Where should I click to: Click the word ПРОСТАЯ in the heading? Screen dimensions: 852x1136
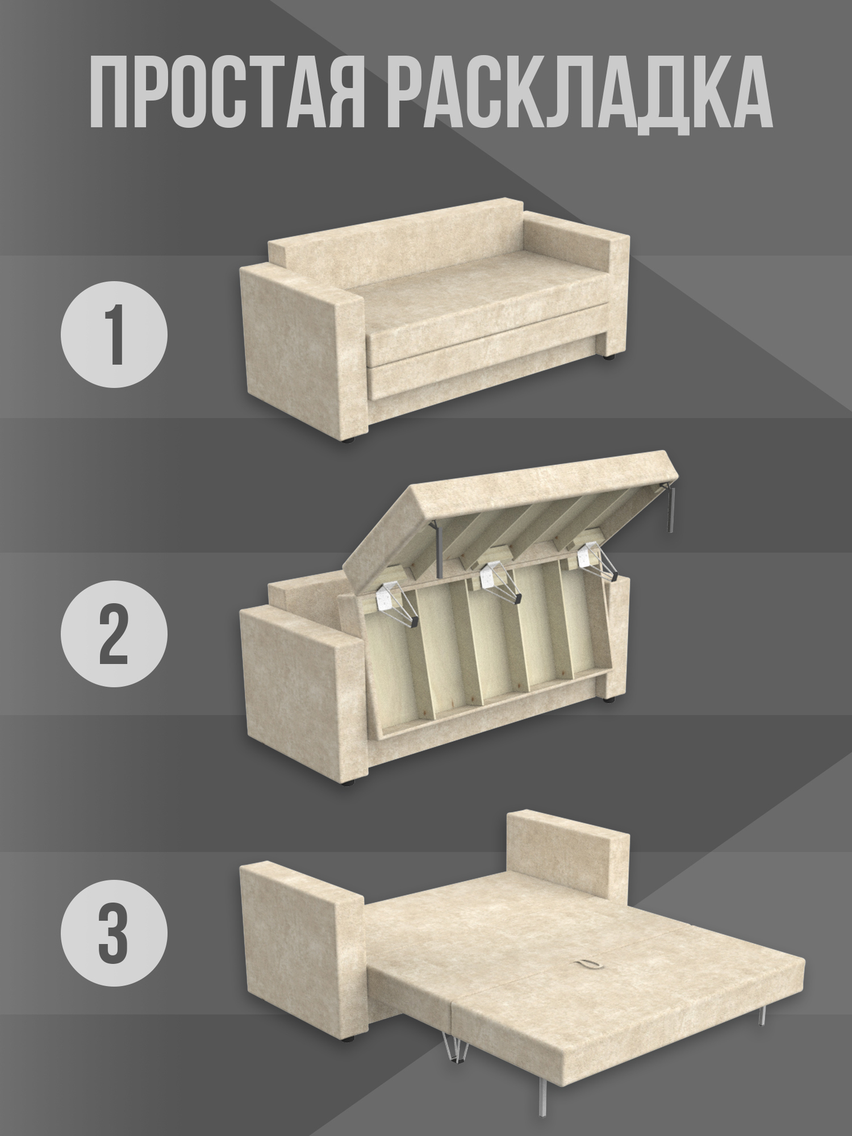pos(228,91)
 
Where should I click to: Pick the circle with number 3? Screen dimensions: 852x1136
pos(114,932)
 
